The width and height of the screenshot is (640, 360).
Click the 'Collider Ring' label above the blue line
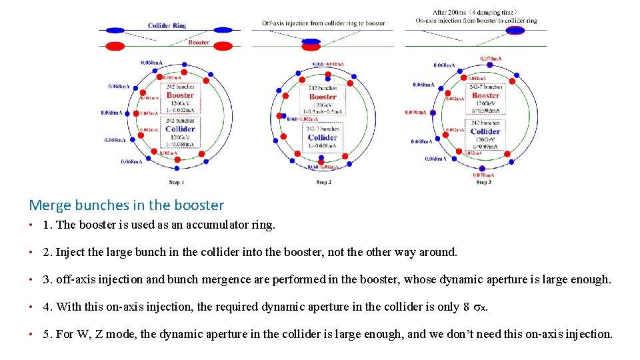167,26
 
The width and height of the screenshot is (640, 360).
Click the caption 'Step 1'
177,182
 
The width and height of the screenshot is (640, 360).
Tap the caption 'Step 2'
323,182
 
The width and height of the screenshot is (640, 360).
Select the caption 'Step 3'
483,182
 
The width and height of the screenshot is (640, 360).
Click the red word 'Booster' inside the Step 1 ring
180,95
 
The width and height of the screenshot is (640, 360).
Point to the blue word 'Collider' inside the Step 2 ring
323,138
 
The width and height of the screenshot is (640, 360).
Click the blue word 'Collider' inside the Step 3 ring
485,131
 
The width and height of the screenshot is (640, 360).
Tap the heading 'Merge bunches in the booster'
127,205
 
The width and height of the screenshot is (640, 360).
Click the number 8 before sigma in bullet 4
465,307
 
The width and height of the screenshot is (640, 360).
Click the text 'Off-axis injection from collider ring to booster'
323,23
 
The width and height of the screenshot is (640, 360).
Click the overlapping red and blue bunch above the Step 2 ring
311,43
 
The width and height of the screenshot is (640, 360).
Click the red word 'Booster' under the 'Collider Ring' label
199,43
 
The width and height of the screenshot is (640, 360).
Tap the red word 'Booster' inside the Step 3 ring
485,95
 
